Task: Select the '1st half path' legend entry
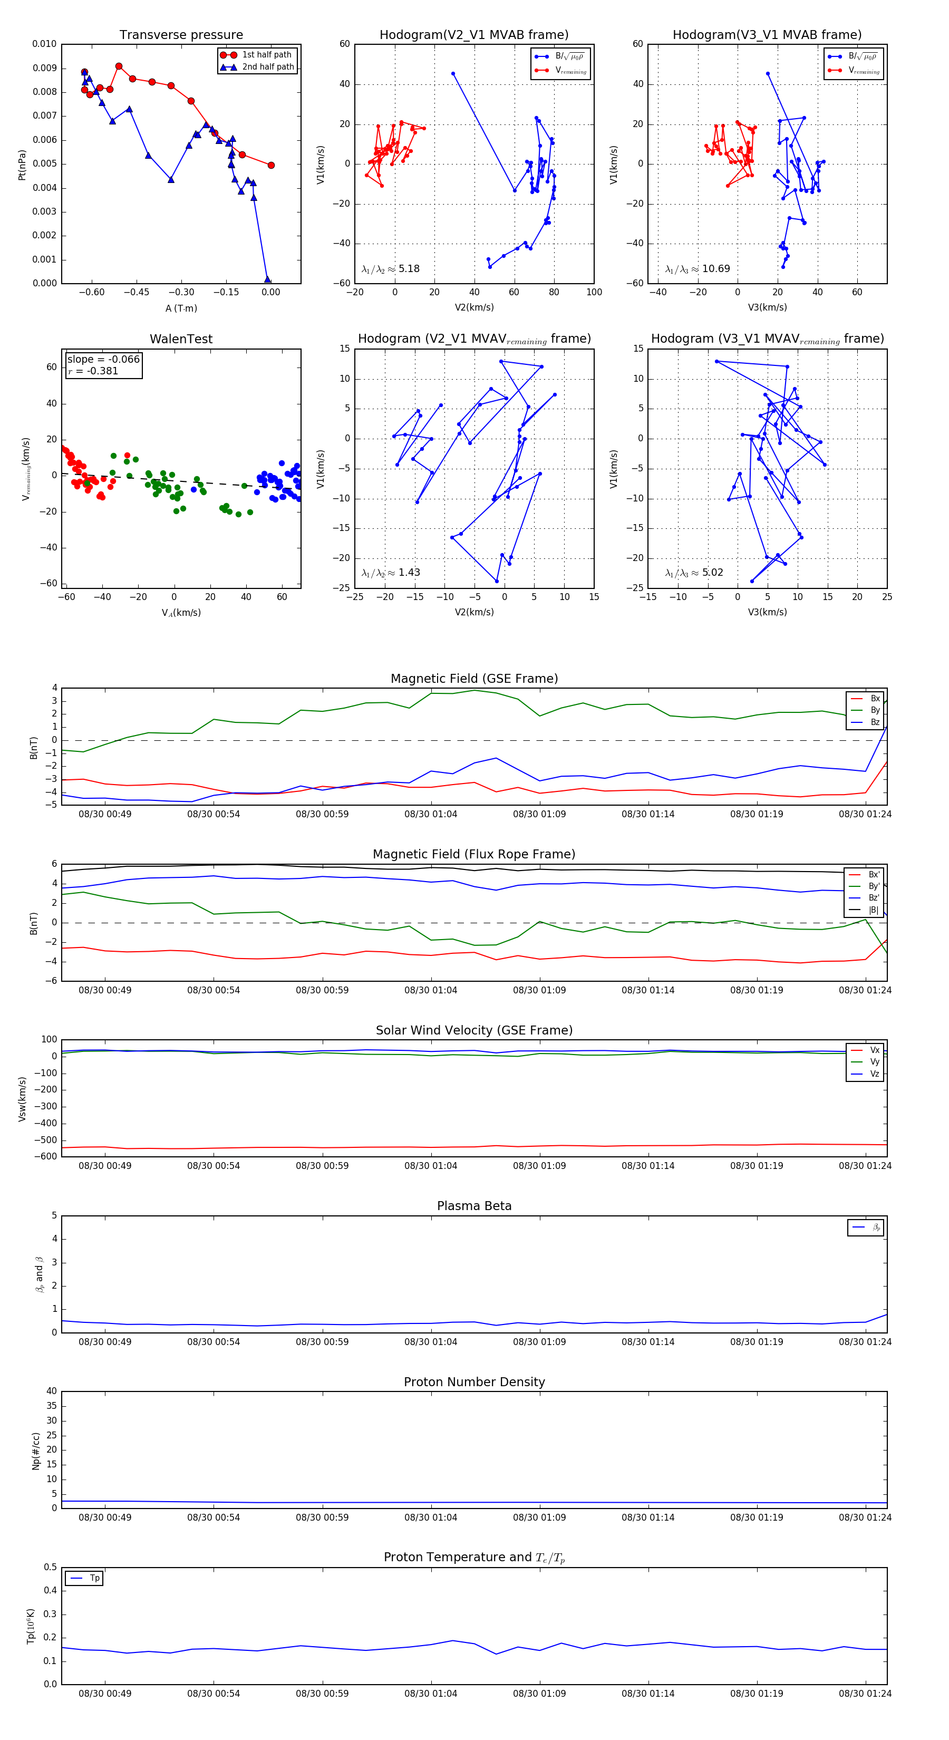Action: tap(267, 55)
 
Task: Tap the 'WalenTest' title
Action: tap(181, 339)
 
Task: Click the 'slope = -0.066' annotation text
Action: tap(103, 360)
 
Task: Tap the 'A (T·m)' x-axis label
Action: tap(181, 308)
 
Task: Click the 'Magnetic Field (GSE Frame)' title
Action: tap(474, 679)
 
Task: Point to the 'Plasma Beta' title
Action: tap(474, 1206)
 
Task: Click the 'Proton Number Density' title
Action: tap(474, 1382)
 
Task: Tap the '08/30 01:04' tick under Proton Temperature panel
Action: tap(431, 1694)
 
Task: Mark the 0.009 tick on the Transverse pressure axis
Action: tap(45, 68)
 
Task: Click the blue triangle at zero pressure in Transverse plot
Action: tap(267, 279)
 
